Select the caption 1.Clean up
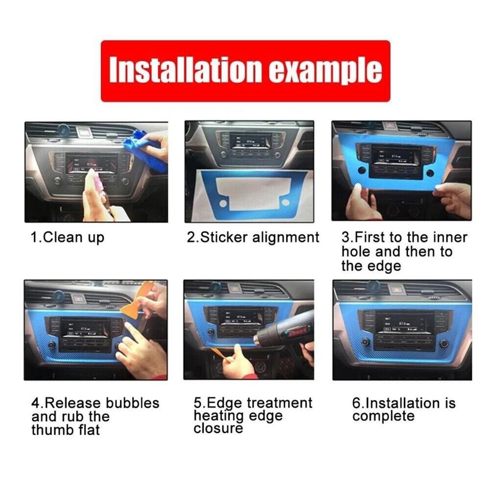tap(68, 238)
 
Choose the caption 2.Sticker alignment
tap(253, 238)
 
